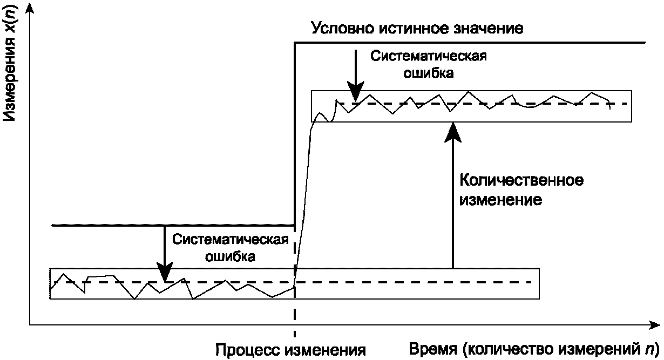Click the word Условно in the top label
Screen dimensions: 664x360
[x=343, y=29]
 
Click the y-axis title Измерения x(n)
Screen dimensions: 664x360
[x=10, y=63]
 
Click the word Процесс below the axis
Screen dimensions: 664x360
[x=248, y=350]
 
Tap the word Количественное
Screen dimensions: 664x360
[x=521, y=180]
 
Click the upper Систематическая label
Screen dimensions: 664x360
[x=429, y=56]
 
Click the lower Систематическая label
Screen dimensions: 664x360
[x=231, y=240]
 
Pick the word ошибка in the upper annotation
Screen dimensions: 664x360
[x=429, y=73]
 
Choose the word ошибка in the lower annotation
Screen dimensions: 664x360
[x=231, y=256]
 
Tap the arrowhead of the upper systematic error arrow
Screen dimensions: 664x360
[x=356, y=92]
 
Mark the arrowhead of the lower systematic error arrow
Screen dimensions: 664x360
[x=165, y=272]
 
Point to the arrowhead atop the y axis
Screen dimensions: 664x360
[x=30, y=8]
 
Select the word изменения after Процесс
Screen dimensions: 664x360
[x=326, y=350]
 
